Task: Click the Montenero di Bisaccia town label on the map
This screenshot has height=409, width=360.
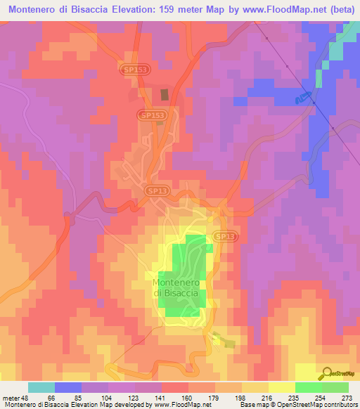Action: click(x=179, y=288)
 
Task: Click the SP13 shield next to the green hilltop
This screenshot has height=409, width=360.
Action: click(x=224, y=238)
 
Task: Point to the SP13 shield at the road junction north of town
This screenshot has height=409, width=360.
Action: click(x=157, y=190)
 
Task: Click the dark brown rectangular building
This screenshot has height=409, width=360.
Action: click(x=165, y=94)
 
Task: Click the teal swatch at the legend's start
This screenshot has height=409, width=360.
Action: click(x=41, y=387)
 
